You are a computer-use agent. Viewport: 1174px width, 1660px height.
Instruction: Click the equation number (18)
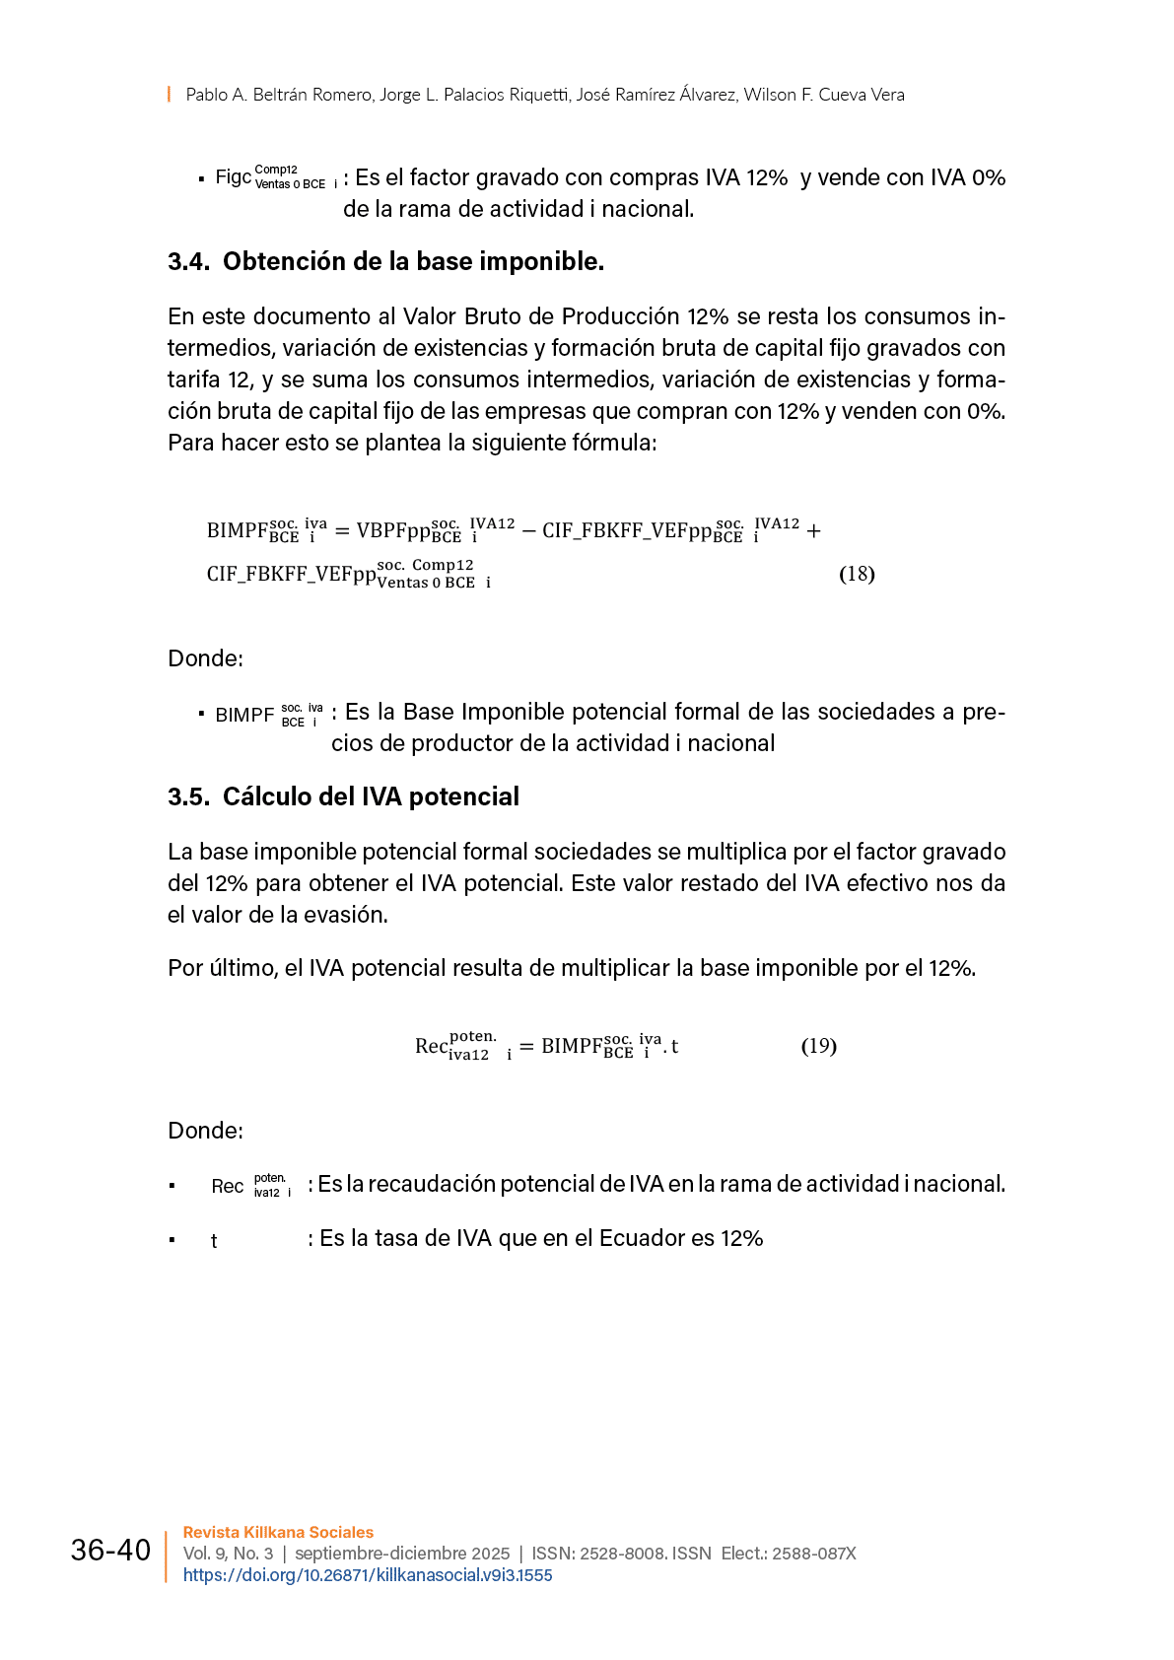tap(857, 574)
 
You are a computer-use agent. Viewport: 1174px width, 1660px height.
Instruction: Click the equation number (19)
tap(818, 1046)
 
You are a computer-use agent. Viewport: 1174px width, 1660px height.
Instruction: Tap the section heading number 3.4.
tap(188, 262)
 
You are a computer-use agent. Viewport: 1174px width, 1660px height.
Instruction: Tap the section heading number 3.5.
tap(188, 797)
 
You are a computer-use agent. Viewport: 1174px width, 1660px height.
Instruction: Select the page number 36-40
tap(110, 1551)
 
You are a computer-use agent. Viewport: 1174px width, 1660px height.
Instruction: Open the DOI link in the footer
tap(368, 1575)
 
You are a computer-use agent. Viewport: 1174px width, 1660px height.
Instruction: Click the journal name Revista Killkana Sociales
tap(278, 1532)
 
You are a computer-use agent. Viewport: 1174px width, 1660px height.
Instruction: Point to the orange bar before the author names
tap(169, 95)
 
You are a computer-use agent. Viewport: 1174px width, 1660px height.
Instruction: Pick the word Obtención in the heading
tap(272, 262)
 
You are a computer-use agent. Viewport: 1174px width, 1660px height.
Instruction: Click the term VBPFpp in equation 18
tap(393, 530)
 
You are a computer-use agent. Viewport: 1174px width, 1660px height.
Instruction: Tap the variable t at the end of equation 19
tap(675, 1047)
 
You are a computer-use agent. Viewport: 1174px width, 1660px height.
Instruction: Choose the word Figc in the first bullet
tap(234, 177)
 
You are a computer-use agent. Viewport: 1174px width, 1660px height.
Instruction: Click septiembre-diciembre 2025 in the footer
tap(402, 1554)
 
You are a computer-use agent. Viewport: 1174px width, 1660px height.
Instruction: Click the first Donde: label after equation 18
tap(205, 658)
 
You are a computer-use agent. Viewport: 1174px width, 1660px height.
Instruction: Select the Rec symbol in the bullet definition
tap(228, 1186)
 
